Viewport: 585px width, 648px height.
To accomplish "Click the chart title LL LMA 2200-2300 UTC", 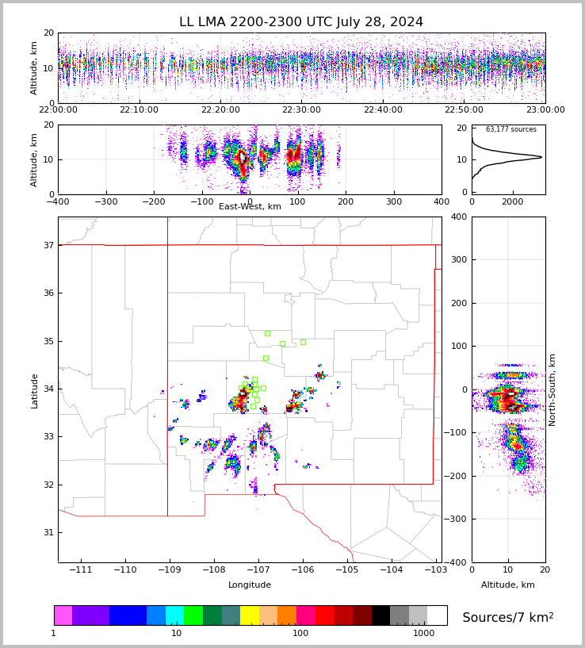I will click(x=300, y=22).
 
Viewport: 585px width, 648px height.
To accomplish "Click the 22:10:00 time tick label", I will click(x=139, y=110).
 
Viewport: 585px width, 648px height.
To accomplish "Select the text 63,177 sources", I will click(x=510, y=129).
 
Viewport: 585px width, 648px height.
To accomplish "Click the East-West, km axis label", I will click(x=250, y=207).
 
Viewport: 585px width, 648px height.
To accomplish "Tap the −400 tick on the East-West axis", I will click(x=58, y=201).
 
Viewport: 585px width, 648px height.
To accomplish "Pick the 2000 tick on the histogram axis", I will click(x=512, y=201).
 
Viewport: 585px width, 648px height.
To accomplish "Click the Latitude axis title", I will click(x=35, y=390).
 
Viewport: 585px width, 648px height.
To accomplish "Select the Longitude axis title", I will click(x=250, y=585).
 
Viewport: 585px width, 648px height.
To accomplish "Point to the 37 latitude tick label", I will click(x=48, y=246).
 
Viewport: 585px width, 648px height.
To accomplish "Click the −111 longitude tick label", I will click(x=81, y=570).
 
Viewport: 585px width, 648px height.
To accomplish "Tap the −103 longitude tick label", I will click(x=435, y=570).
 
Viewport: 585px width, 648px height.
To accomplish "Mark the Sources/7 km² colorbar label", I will click(x=507, y=617).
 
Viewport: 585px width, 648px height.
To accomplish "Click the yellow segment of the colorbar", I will click(x=250, y=615).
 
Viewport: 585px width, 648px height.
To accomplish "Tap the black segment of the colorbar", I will click(x=380, y=615).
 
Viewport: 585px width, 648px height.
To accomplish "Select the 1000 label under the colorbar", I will click(x=423, y=634).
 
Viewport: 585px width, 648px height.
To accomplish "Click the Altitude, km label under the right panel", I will click(x=508, y=585).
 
